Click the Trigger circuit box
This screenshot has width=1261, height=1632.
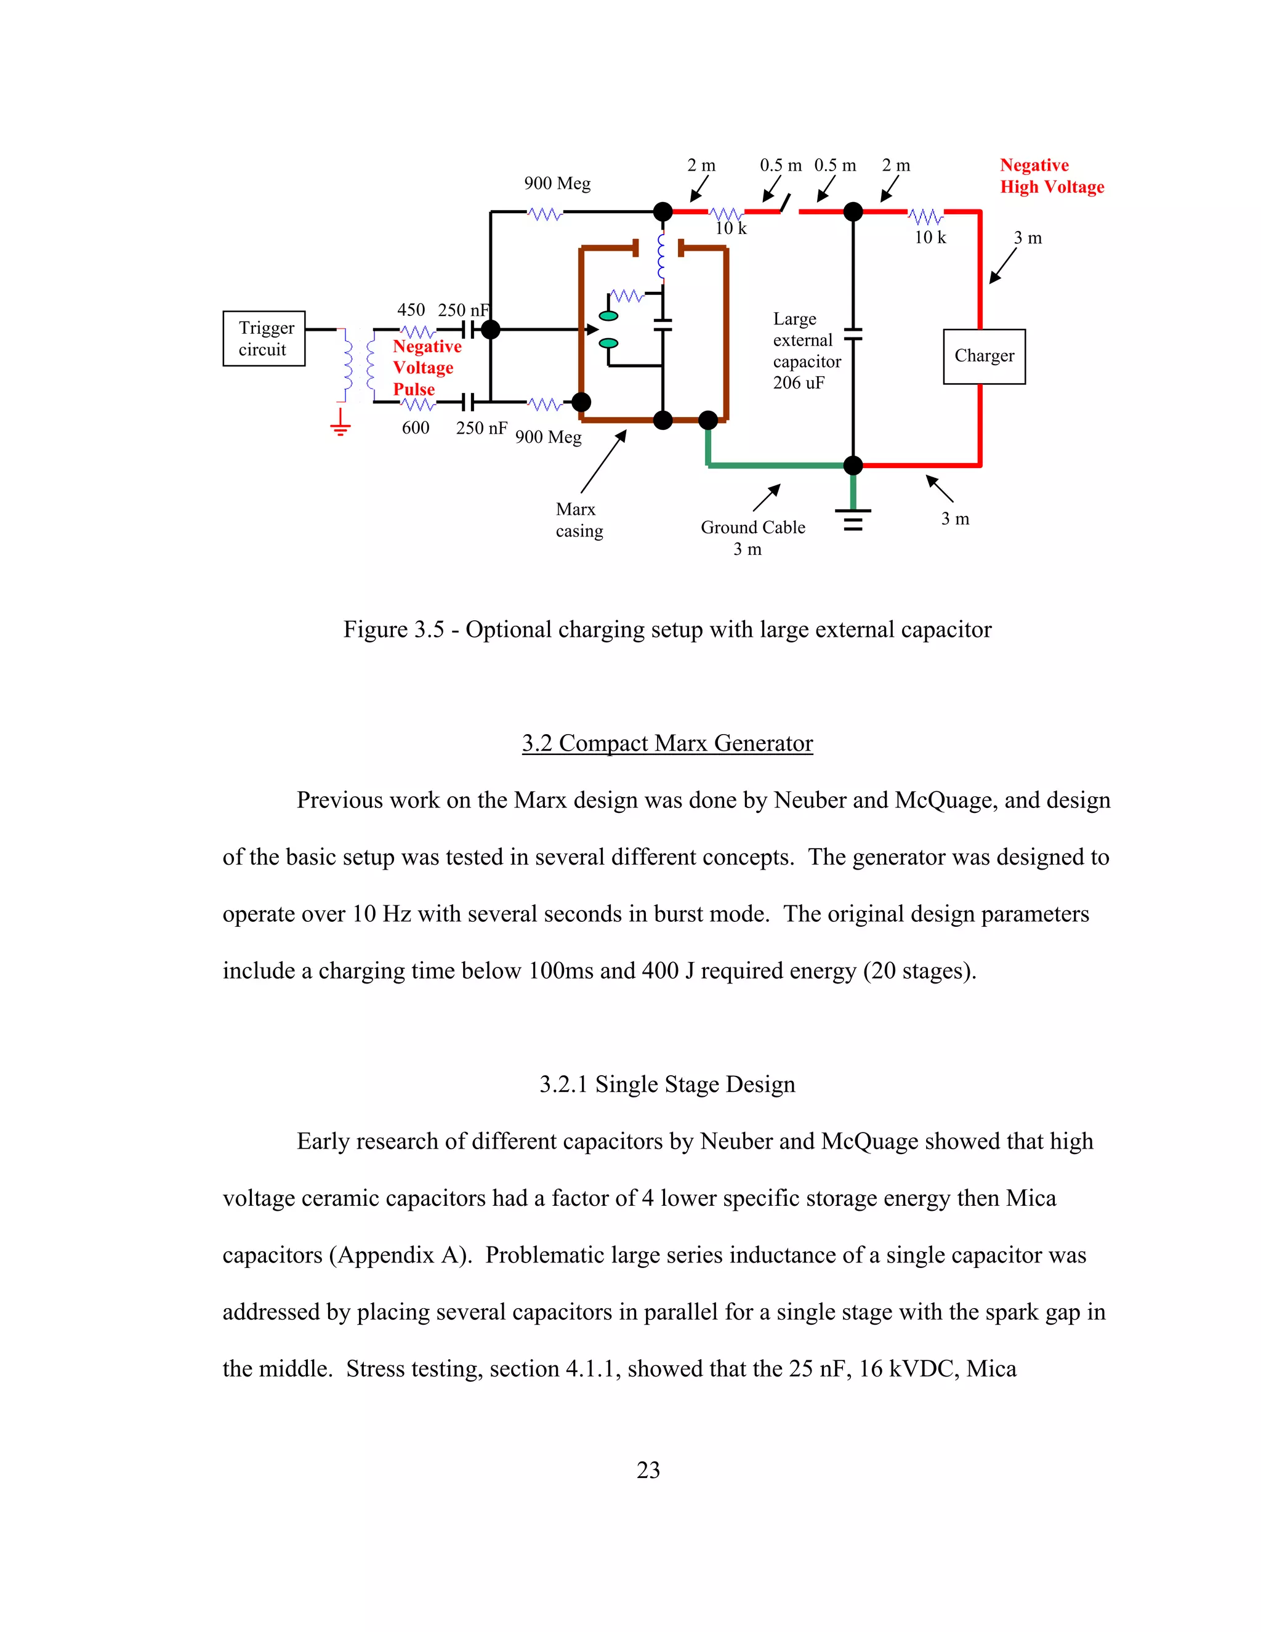[x=264, y=339]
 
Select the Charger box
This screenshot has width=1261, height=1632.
[x=984, y=357]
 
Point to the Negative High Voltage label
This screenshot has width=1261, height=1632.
[x=1051, y=176]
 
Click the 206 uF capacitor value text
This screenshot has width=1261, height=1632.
[x=799, y=383]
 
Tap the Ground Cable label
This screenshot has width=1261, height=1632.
[x=753, y=528]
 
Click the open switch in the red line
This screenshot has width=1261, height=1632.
[x=785, y=204]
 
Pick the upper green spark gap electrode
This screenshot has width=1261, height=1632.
[x=609, y=316]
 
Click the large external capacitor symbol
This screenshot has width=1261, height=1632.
[x=853, y=334]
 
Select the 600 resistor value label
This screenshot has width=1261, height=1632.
[x=416, y=428]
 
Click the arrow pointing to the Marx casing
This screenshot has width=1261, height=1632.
[x=603, y=461]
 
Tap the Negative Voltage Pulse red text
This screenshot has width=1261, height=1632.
[x=427, y=368]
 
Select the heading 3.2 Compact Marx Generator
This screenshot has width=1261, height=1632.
[x=667, y=743]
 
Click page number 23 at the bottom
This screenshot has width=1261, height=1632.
[x=648, y=1470]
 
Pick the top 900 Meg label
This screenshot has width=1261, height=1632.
[x=557, y=184]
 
